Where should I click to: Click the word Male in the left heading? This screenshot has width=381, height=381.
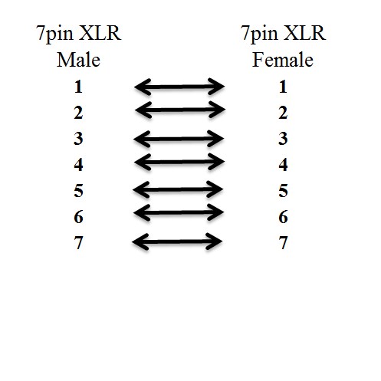click(x=78, y=60)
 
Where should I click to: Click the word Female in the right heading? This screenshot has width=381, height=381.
click(x=283, y=60)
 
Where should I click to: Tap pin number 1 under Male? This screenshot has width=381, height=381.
click(x=78, y=87)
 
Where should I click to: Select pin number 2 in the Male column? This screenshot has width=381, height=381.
click(x=78, y=113)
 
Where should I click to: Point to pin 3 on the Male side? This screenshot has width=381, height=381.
click(x=78, y=139)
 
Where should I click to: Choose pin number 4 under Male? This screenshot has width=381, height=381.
click(x=78, y=165)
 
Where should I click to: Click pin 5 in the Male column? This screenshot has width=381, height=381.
click(x=78, y=191)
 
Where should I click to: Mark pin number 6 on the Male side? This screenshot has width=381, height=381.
click(x=78, y=217)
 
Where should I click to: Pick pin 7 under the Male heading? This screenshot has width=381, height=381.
click(x=78, y=243)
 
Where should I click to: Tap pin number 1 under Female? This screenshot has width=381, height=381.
click(x=283, y=87)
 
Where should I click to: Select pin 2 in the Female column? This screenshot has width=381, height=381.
click(x=283, y=113)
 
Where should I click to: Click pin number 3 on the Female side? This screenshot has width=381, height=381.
click(x=283, y=139)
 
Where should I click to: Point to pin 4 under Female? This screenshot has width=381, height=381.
click(x=283, y=165)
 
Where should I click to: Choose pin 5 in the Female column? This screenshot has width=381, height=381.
click(x=283, y=191)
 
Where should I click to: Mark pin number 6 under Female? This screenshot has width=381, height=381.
click(x=283, y=217)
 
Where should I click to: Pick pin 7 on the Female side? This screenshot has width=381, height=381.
click(x=283, y=243)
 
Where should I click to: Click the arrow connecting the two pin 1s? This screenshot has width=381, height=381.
click(x=179, y=87)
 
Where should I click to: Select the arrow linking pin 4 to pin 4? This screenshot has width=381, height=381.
click(x=179, y=162)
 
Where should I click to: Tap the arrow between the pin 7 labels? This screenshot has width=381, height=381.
click(x=177, y=241)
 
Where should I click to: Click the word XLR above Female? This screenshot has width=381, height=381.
click(x=304, y=33)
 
